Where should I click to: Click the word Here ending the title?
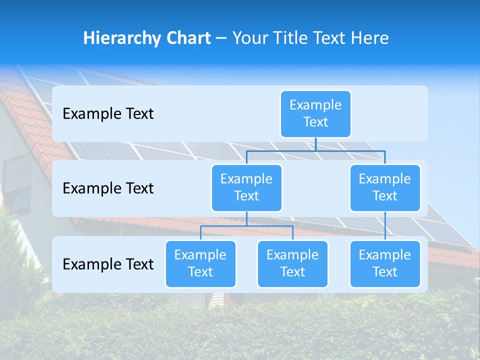click(369, 38)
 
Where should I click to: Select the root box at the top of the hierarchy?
click(315, 113)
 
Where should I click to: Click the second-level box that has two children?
click(246, 187)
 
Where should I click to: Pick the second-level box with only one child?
click(385, 187)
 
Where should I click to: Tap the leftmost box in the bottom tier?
click(200, 263)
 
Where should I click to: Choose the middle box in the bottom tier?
click(292, 263)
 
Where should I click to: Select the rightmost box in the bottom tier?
click(385, 263)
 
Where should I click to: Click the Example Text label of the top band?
click(108, 114)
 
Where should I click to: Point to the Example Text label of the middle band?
click(108, 188)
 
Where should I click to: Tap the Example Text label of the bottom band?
click(108, 264)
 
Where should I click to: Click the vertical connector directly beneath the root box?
click(315, 144)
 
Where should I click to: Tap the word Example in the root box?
click(315, 105)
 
